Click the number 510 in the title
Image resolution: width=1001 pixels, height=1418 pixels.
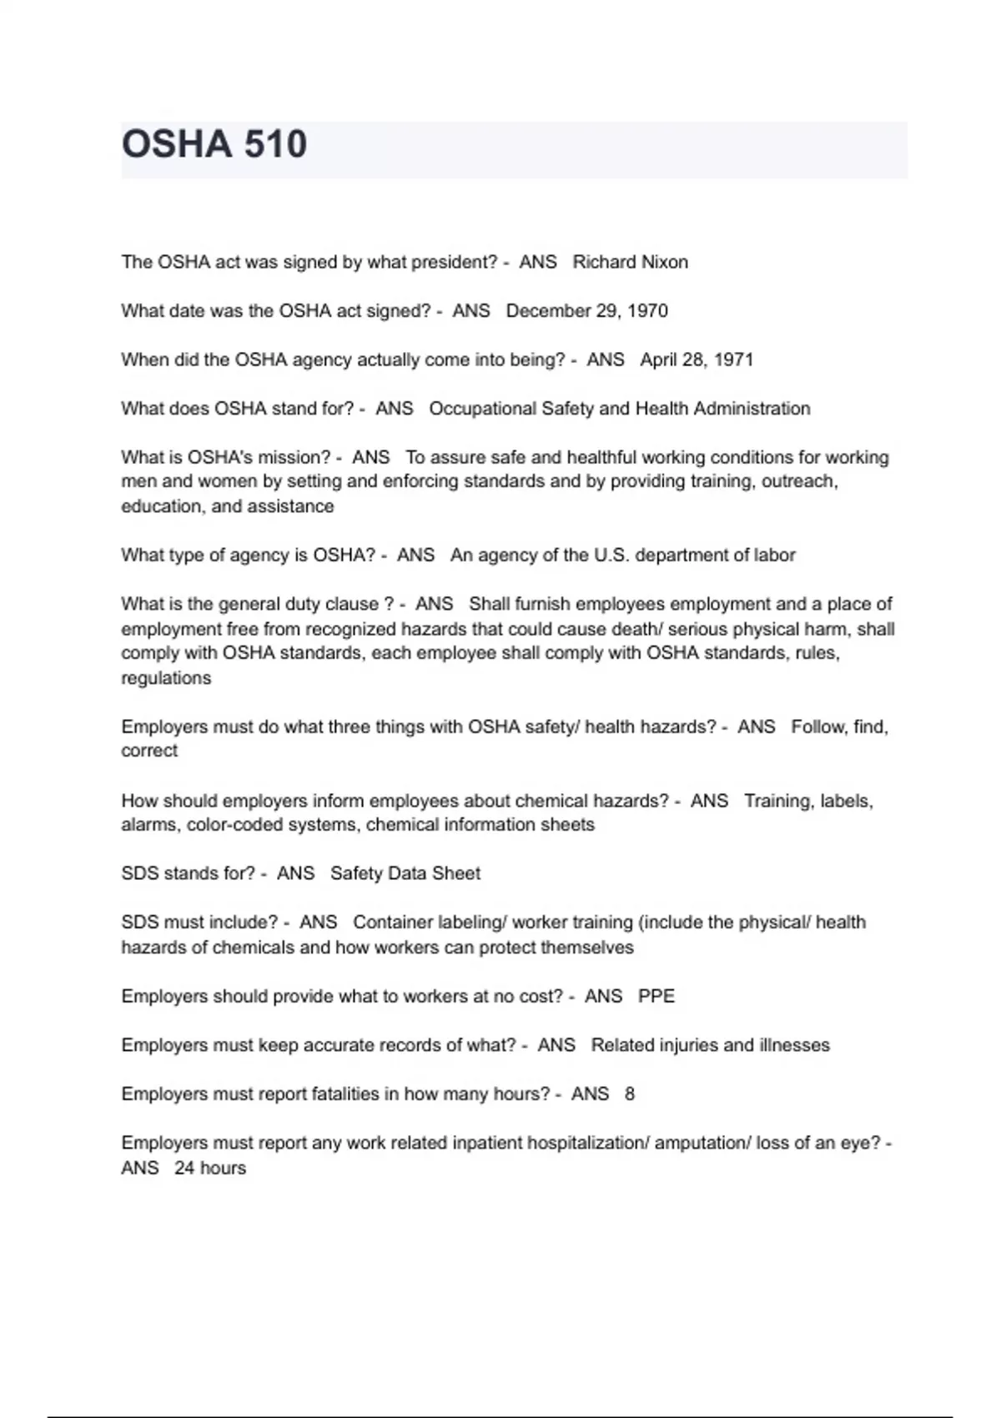(x=276, y=144)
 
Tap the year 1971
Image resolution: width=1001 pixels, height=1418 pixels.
(x=734, y=360)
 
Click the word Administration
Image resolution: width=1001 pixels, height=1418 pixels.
(x=752, y=409)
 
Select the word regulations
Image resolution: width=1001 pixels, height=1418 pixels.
(x=166, y=678)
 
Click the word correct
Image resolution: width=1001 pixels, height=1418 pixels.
(x=149, y=751)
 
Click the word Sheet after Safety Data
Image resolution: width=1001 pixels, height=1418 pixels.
(x=455, y=873)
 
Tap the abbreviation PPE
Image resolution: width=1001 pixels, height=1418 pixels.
(x=656, y=996)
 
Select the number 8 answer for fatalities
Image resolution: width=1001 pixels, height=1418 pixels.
(x=630, y=1094)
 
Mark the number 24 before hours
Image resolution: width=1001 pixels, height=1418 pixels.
(x=184, y=1168)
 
